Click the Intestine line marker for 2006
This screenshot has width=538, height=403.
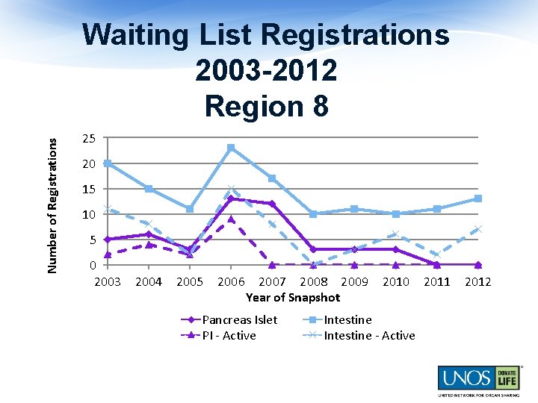pos(231,148)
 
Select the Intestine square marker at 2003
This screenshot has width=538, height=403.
pos(108,163)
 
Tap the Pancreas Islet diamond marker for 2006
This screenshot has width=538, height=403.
pos(231,199)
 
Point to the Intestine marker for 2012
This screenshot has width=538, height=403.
pos(477,199)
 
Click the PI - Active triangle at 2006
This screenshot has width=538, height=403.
pos(231,219)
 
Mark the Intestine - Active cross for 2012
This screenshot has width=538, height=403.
pos(477,229)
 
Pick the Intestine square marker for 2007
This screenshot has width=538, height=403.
pos(272,178)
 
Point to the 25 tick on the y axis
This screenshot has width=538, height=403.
pos(89,139)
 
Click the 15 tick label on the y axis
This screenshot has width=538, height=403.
pos(89,190)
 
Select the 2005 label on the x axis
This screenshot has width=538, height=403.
pos(190,281)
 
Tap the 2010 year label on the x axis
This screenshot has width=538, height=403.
pos(396,281)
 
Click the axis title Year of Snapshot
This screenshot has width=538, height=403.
pos(293,297)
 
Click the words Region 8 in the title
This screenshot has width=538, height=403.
pos(266,106)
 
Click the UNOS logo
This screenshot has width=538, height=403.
pos(476,379)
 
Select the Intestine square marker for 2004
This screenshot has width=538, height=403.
pos(149,189)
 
